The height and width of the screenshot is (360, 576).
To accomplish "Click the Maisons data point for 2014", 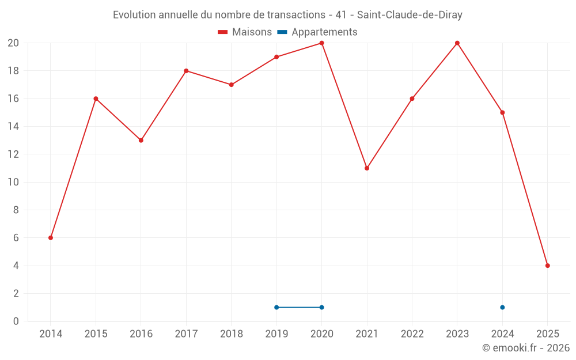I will [51, 238].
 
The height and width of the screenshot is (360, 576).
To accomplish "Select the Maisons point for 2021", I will [367, 168].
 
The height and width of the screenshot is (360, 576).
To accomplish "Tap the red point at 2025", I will [548, 266].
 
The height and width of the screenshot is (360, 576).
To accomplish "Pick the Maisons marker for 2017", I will [186, 71].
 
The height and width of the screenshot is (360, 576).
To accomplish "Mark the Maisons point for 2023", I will [457, 43].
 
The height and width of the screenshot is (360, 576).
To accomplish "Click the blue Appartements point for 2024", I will [502, 307].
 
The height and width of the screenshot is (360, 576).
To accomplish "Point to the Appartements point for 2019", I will [276, 307].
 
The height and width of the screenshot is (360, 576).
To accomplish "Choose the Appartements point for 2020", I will [321, 307].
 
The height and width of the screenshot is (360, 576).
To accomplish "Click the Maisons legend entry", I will [245, 32].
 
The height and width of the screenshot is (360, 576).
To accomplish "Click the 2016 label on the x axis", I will [141, 334].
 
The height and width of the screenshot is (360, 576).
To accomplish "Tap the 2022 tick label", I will [412, 334].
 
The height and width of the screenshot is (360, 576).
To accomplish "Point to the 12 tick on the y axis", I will [13, 154].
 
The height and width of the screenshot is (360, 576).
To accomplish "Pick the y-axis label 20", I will [13, 43].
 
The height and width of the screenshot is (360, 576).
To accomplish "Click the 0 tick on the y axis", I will [16, 321].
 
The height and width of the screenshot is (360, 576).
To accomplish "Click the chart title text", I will [287, 15].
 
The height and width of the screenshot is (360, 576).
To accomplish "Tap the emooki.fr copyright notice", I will [525, 348].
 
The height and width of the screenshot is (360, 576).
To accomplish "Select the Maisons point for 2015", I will [96, 98].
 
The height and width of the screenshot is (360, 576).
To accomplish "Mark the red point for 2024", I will [502, 112].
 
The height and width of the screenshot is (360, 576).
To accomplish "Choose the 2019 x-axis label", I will [276, 334].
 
